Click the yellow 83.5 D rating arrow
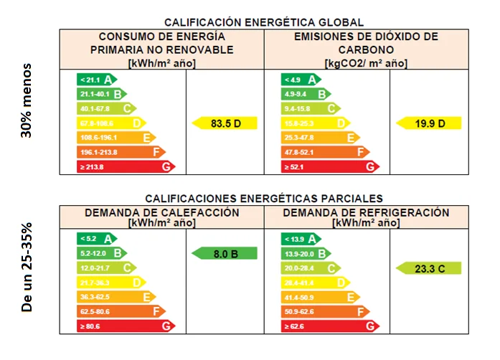click(225, 123)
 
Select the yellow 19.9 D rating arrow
click(429, 123)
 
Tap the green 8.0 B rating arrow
click(225, 252)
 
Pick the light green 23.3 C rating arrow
click(429, 268)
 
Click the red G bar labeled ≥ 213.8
click(126, 167)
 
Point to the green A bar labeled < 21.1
click(97, 79)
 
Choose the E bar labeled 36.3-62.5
click(115, 297)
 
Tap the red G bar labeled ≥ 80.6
click(126, 326)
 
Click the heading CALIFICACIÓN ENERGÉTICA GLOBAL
click(264, 23)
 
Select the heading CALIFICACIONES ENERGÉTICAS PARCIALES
click(264, 198)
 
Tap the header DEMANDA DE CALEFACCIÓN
click(161, 213)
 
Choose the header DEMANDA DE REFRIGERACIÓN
click(366, 213)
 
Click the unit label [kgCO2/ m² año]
click(366, 63)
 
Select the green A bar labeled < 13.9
click(301, 238)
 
